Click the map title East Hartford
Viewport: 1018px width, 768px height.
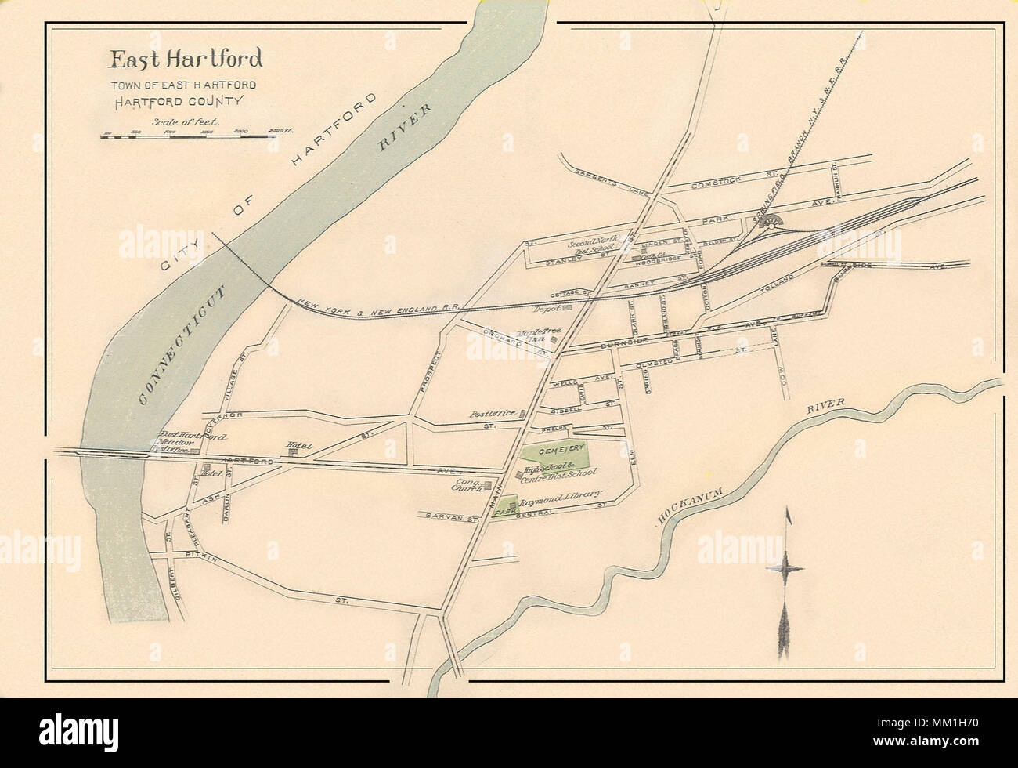[186, 60]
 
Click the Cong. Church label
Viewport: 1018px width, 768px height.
[469, 486]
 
